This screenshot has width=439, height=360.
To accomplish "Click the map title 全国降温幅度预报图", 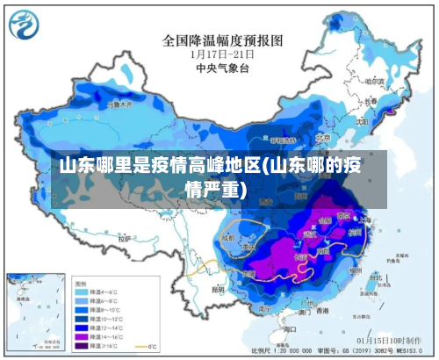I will click(223, 40).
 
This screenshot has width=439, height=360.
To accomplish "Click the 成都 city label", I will click(229, 237).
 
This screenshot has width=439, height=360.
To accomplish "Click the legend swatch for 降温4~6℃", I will click(84, 292).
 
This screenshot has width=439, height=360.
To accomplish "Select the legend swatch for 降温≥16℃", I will click(84, 345).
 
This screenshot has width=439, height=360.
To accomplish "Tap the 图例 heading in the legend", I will click(82, 283).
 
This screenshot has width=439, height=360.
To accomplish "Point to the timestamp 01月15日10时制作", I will click(392, 340).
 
